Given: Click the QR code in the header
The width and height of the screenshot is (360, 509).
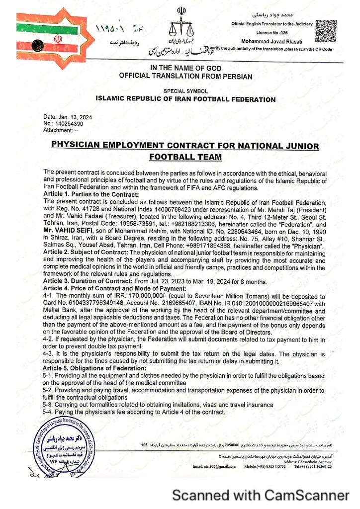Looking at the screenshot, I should point(326,29).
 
